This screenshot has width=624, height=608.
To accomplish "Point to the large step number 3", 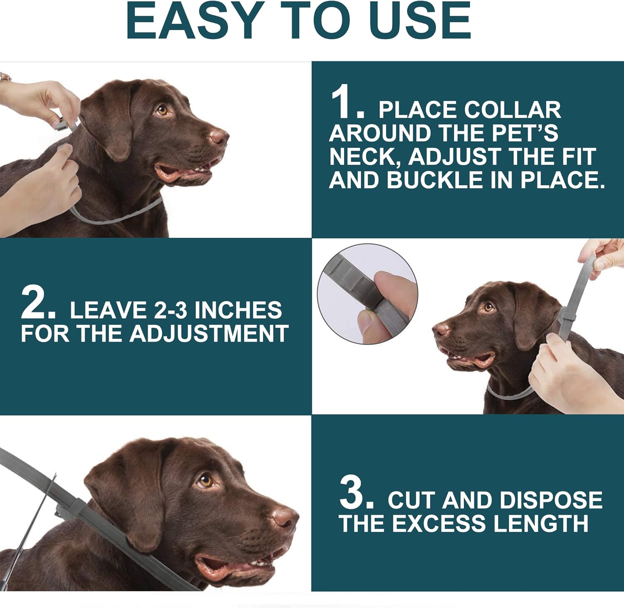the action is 357,493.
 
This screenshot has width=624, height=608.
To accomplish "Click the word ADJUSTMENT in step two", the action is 209,334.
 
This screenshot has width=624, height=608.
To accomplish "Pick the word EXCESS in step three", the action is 438,524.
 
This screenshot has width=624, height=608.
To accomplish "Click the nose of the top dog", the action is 219,136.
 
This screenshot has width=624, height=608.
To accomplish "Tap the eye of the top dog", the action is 161,110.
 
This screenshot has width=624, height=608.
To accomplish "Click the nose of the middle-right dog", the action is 441,329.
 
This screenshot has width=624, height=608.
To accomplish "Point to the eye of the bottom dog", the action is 205,481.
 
